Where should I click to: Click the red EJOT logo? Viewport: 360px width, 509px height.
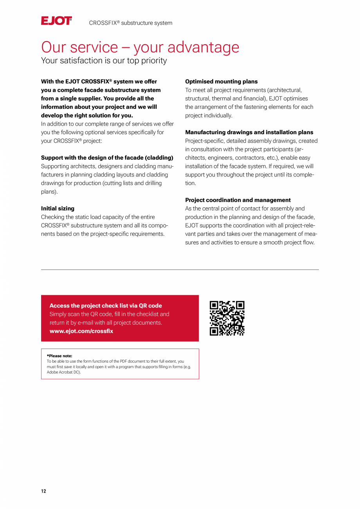coord(56,21)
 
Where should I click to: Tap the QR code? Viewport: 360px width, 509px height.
coord(227,318)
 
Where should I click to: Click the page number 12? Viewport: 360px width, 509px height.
coord(43,491)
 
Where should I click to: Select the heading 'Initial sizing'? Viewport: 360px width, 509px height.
coord(58,209)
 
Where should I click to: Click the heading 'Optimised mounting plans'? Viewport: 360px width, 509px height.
coord(221,81)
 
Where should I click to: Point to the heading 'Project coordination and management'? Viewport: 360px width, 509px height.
coord(238,200)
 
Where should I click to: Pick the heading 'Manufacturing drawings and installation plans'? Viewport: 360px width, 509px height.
coord(249,132)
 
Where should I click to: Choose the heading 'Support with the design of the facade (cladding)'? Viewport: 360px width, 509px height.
coord(107,158)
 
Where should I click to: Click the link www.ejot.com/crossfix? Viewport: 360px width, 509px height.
coord(81,331)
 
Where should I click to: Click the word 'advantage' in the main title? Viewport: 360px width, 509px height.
coord(205,47)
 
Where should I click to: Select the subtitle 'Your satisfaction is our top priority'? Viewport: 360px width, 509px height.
coord(104,61)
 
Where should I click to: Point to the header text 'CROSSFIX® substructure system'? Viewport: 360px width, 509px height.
coord(130,23)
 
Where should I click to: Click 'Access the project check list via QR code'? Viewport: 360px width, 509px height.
coord(105,306)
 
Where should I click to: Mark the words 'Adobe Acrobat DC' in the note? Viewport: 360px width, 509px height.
coord(63,372)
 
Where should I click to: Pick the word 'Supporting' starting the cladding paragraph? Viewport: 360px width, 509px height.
coord(56,166)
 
